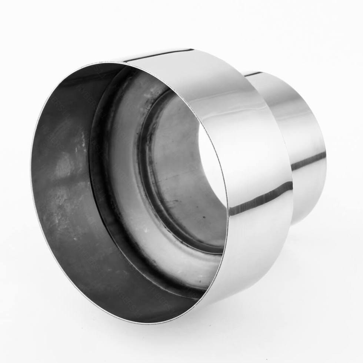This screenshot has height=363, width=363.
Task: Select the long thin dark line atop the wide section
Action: click(x=159, y=56)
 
